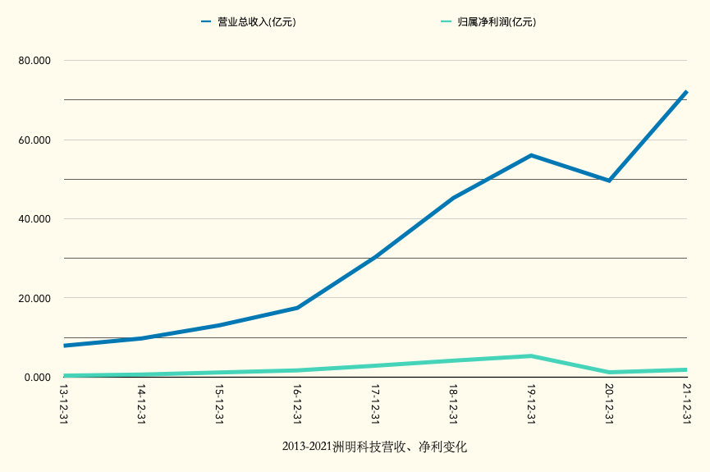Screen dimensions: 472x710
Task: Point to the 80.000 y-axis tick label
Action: point(34,61)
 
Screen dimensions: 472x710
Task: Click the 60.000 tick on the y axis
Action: point(34,140)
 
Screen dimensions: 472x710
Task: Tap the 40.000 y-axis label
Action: point(34,219)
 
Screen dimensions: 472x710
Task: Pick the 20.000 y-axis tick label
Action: point(34,298)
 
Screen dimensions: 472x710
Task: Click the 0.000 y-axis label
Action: point(38,378)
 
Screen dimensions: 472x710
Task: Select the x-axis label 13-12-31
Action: point(64,404)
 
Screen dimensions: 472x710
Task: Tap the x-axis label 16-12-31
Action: point(297,404)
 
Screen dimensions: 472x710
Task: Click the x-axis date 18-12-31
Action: point(453,404)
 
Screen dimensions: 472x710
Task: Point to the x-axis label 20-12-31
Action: point(609,404)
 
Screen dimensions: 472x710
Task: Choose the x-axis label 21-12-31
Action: point(686,404)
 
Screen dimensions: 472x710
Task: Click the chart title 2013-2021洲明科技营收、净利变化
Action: point(374,447)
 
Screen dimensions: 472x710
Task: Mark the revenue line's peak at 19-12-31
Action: point(531,155)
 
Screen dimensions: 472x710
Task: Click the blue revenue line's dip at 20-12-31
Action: point(609,181)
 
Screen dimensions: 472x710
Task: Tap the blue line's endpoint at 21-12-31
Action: point(686,92)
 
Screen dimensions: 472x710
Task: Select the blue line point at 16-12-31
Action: point(297,308)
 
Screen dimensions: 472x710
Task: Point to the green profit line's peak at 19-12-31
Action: point(531,356)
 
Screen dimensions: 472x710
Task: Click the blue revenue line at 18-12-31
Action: point(453,198)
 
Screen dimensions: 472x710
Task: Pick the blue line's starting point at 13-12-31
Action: point(64,346)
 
